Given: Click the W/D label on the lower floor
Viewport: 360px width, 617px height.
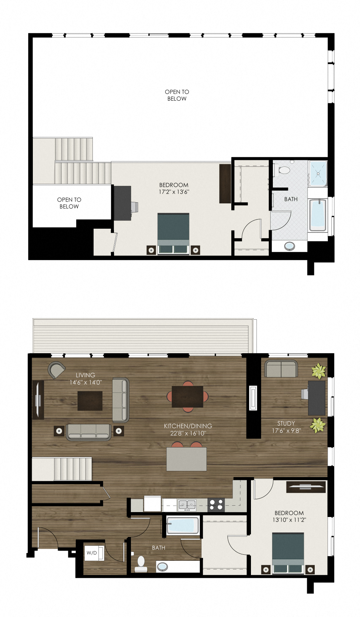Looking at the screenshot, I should [x=92, y=553].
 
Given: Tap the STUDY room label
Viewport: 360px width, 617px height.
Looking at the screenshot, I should [x=286, y=423].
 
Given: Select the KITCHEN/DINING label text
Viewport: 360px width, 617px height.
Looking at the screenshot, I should [x=188, y=426].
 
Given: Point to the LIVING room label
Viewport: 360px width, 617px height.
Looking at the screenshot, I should [x=85, y=375].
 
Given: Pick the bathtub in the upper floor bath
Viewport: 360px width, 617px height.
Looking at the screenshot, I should [x=318, y=215].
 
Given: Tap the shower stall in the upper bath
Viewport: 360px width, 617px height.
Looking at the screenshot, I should [x=318, y=174].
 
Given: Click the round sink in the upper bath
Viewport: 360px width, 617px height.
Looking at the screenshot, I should [x=289, y=246].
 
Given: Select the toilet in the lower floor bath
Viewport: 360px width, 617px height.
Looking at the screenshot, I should [x=142, y=563].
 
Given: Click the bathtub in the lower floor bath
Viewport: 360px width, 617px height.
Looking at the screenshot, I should [x=183, y=525].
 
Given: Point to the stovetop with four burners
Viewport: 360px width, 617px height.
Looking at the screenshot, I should [x=216, y=504].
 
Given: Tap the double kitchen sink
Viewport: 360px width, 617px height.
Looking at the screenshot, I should [x=187, y=504].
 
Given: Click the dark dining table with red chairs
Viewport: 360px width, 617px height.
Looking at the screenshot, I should [x=188, y=396].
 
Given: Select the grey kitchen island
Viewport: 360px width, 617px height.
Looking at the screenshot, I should [x=186, y=459].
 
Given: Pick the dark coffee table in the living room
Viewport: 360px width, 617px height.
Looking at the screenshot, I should [x=90, y=400].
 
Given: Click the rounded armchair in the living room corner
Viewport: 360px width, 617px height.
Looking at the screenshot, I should [x=56, y=369].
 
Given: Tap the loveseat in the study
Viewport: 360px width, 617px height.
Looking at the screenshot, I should [x=281, y=369].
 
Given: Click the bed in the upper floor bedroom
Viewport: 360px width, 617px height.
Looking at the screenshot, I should [x=173, y=233].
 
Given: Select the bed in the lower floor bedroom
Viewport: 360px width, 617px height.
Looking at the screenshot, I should [x=288, y=552].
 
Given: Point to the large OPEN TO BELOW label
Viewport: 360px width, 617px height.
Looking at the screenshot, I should [x=177, y=95].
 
